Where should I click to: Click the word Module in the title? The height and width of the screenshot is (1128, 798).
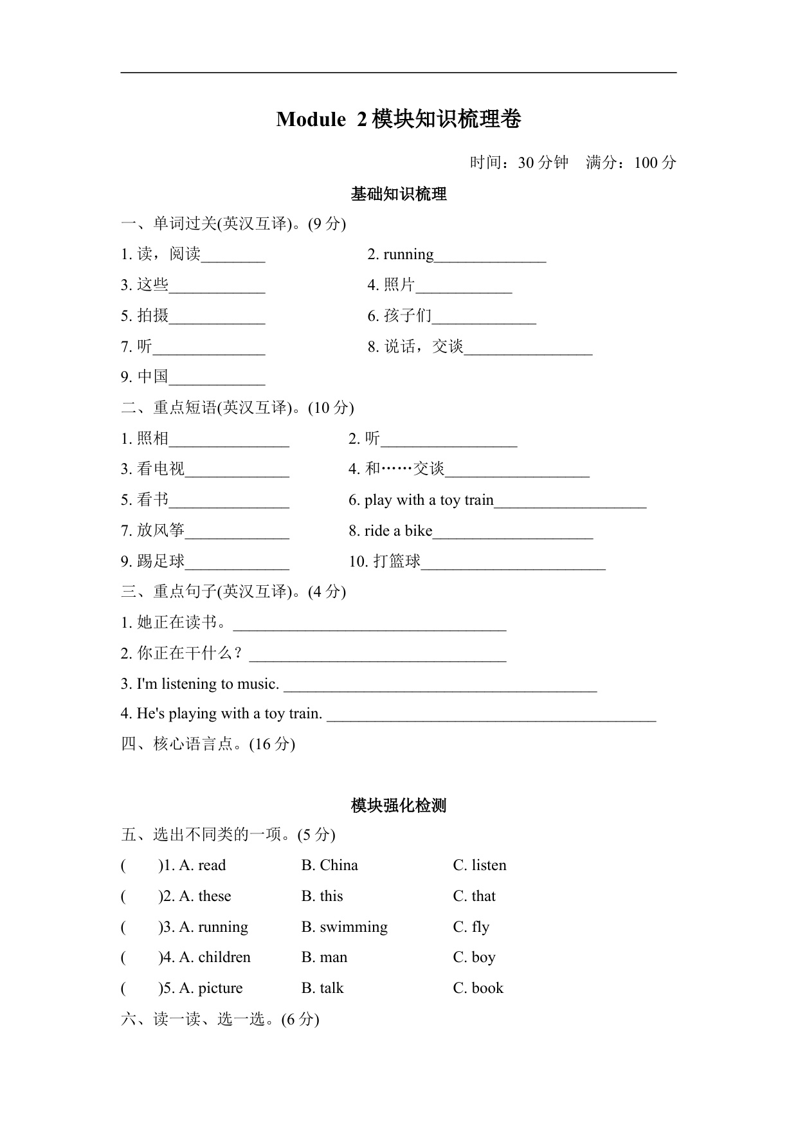311,120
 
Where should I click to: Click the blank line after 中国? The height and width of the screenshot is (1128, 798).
217,378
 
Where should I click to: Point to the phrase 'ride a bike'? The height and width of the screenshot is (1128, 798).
399,531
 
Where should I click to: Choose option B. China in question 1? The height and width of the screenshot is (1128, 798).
329,866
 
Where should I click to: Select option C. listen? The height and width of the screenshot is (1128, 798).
480,866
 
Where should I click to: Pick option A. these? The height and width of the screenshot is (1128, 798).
205,896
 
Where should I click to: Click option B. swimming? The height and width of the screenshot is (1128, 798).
345,927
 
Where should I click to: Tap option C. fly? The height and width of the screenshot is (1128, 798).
471,927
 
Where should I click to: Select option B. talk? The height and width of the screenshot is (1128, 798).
323,988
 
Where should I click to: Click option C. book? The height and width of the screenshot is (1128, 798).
478,988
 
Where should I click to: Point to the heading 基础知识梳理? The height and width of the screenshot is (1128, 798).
399,194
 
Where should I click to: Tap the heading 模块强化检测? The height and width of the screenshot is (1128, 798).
399,806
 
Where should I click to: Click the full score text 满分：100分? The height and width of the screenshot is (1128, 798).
631,163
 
